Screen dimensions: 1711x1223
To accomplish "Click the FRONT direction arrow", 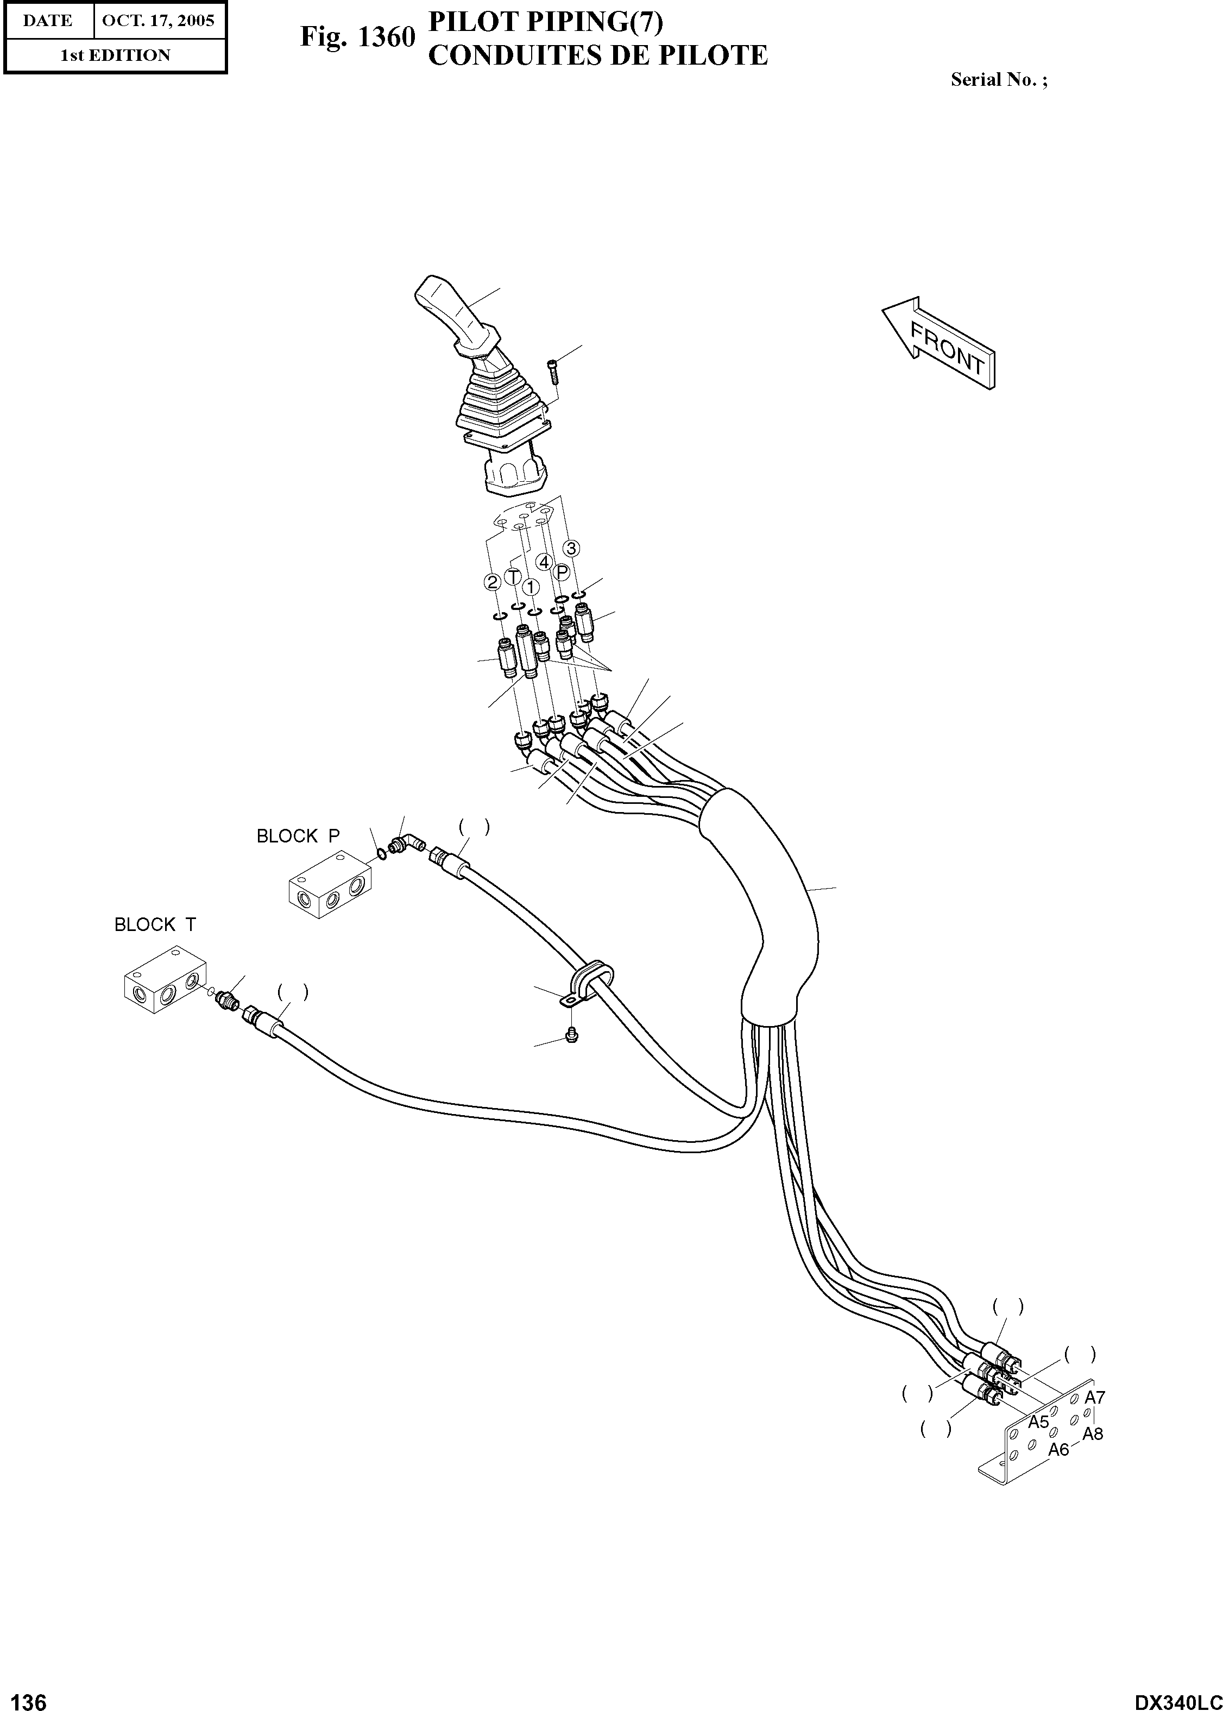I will (x=940, y=343).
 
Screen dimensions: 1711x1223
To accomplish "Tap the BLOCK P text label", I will (x=298, y=836).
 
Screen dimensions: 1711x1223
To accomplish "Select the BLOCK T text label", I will (x=155, y=925).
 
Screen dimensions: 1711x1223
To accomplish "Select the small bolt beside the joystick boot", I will (x=553, y=372).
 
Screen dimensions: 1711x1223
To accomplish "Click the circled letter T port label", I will (x=513, y=577).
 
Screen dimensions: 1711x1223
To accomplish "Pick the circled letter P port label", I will (x=562, y=573).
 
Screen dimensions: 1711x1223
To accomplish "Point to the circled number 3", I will (x=572, y=548).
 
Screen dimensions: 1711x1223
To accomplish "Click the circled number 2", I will (x=492, y=582).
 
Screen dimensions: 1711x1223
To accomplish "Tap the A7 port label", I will (x=1094, y=1398).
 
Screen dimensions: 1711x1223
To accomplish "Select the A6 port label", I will (x=1059, y=1450).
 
